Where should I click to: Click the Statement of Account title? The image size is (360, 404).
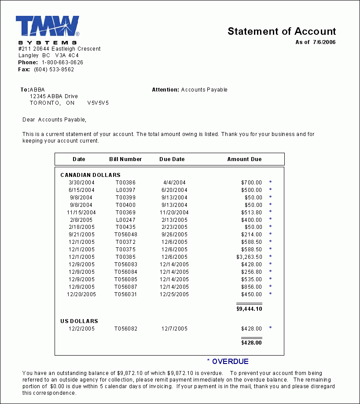282,32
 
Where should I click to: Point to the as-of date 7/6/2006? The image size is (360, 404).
324,42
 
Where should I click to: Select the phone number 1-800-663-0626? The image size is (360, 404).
62,62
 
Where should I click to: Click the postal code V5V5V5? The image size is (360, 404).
98,103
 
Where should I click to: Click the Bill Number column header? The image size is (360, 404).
125,159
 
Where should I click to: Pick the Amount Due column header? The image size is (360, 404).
244,159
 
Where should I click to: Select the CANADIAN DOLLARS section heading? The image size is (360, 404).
90,175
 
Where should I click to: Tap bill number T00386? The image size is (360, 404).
125,183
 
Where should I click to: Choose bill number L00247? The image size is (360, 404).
125,220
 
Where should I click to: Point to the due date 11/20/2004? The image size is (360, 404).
174,212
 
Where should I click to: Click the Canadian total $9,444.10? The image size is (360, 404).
249,309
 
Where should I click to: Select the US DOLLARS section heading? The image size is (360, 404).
79,321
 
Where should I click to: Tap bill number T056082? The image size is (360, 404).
126,329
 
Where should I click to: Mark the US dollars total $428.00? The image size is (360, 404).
251,343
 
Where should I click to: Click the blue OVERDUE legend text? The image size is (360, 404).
230,362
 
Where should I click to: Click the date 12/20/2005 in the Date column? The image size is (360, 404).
81,294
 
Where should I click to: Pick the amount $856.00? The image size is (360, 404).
251,287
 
